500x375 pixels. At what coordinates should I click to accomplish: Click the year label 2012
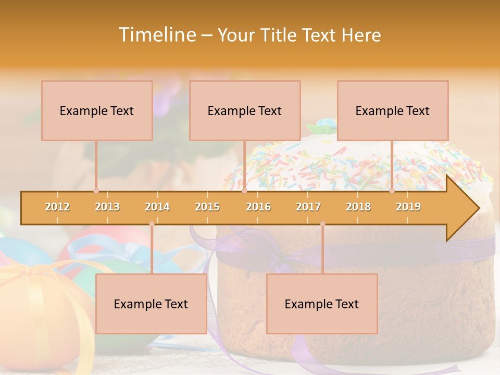pyautogui.click(x=57, y=207)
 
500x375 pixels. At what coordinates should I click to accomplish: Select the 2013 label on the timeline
pyautogui.click(x=107, y=207)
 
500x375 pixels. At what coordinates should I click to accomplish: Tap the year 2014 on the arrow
pyautogui.click(x=157, y=207)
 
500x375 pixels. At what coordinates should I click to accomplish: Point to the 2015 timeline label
pyautogui.click(x=207, y=207)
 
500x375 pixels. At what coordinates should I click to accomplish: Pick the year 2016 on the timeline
pyautogui.click(x=258, y=207)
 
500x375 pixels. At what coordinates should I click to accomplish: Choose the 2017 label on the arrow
pyautogui.click(x=308, y=207)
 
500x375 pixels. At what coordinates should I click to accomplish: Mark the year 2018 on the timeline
pyautogui.click(x=358, y=207)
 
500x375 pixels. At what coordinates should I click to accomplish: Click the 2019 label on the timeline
pyautogui.click(x=408, y=207)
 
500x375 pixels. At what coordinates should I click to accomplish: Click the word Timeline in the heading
pyautogui.click(x=156, y=35)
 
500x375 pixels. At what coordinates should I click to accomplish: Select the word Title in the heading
pyautogui.click(x=279, y=35)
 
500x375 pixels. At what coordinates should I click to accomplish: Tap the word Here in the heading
pyautogui.click(x=361, y=35)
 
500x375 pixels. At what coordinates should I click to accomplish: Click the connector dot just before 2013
pyautogui.click(x=96, y=191)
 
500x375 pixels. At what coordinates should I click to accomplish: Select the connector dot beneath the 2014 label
pyautogui.click(x=152, y=224)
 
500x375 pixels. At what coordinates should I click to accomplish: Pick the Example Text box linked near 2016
pyautogui.click(x=245, y=110)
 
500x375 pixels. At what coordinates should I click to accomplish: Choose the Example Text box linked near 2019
pyautogui.click(x=393, y=110)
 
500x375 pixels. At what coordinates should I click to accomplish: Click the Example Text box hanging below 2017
pyautogui.click(x=322, y=304)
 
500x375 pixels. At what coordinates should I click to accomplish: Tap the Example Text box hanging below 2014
pyautogui.click(x=151, y=304)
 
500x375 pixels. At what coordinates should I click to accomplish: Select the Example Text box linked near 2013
pyautogui.click(x=97, y=110)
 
